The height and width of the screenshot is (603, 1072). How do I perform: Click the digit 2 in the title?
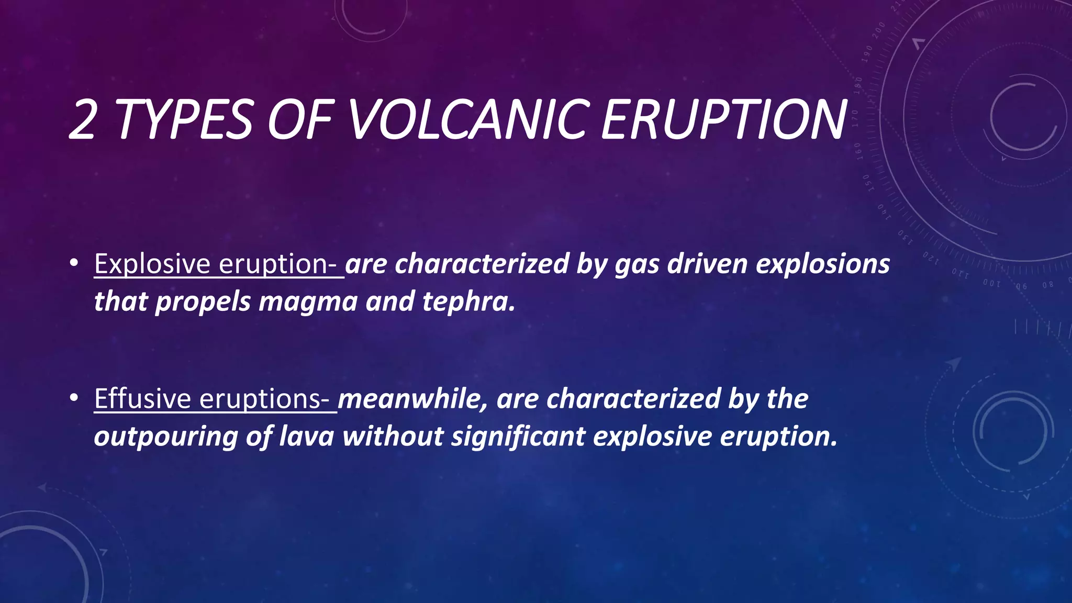click(x=82, y=120)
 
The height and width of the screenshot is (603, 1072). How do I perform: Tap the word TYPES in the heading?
click(x=184, y=120)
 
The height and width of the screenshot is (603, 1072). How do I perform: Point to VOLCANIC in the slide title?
click(x=466, y=120)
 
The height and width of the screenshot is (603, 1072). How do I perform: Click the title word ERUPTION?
click(x=723, y=120)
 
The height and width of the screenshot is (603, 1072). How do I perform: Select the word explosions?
click(x=823, y=264)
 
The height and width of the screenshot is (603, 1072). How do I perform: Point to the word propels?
click(x=203, y=302)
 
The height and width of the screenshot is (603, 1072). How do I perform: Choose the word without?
click(x=393, y=436)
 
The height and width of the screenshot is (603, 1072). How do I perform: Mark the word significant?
click(x=518, y=437)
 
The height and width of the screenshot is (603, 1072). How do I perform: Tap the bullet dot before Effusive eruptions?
click(x=74, y=398)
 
